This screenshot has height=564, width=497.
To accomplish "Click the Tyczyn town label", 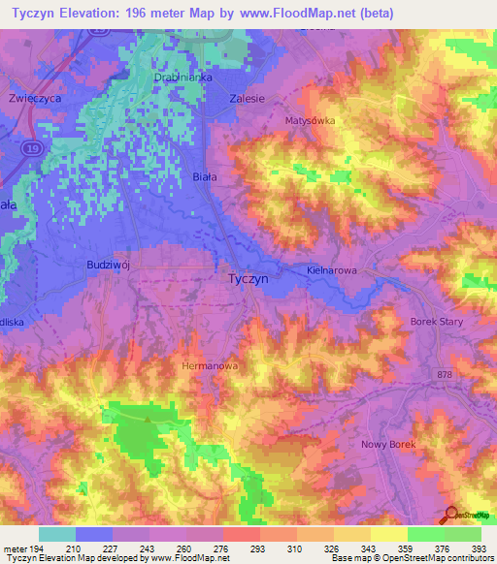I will click(253, 277).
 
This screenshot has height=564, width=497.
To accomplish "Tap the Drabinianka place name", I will click(181, 77).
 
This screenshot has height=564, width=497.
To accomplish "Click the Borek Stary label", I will click(437, 321).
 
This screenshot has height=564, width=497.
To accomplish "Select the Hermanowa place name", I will click(210, 366).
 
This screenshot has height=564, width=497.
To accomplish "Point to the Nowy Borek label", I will click(388, 444).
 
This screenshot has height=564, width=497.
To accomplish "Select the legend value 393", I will click(479, 548).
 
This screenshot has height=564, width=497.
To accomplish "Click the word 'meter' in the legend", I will click(12, 548).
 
